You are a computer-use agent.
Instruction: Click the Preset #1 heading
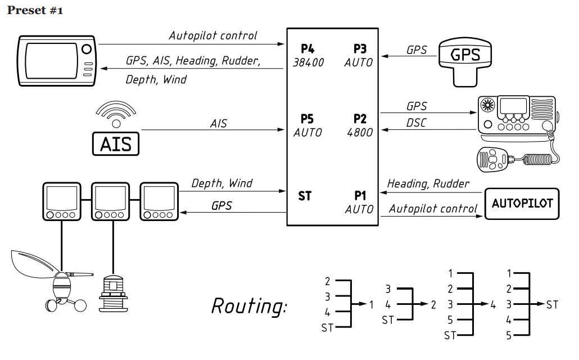click(x=35, y=11)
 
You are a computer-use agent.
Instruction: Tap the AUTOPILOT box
click(x=522, y=204)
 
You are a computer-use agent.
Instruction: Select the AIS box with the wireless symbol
click(x=115, y=143)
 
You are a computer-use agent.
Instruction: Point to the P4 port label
click(x=307, y=48)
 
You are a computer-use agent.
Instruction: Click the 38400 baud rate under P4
click(x=308, y=62)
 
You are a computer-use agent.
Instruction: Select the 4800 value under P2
click(x=360, y=133)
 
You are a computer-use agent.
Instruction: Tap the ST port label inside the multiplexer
click(x=304, y=196)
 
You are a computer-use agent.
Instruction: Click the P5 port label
click(x=307, y=119)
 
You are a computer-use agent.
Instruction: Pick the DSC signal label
click(x=416, y=123)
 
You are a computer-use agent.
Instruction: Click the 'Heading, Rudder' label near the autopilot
click(x=428, y=183)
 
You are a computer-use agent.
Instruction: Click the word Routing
click(x=248, y=306)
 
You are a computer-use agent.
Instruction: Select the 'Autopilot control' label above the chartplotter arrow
click(x=212, y=35)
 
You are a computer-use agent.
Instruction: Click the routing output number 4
click(x=493, y=305)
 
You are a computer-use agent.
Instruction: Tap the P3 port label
click(x=359, y=48)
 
